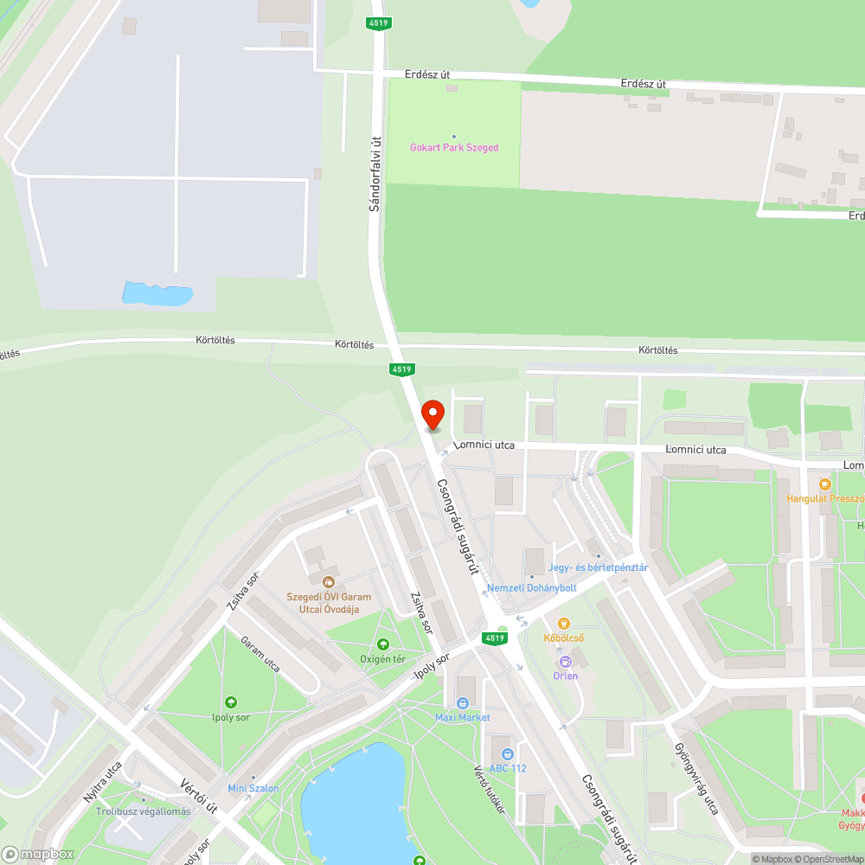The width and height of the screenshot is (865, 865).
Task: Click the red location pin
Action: click(432, 415)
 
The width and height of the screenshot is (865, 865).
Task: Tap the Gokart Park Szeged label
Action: click(454, 148)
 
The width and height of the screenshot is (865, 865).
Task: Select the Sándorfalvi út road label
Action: click(375, 173)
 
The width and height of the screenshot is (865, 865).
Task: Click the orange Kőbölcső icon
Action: click(564, 623)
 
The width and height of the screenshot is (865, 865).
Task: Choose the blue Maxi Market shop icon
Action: click(463, 703)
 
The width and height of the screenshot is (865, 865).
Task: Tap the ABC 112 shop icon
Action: click(506, 753)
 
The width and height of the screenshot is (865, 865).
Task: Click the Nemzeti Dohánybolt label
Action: click(532, 588)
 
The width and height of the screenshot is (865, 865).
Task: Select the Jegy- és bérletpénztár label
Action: click(598, 567)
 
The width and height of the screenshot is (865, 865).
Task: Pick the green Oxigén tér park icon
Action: click(383, 644)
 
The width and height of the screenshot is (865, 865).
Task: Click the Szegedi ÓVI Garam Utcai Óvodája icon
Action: click(328, 582)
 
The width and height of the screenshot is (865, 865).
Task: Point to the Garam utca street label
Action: click(260, 655)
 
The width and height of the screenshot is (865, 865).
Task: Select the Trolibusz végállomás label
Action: click(143, 811)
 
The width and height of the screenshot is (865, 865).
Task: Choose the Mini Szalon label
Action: click(253, 788)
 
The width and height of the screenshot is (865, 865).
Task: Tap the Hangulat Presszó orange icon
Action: click(824, 484)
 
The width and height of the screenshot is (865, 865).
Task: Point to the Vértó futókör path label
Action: click(488, 781)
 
